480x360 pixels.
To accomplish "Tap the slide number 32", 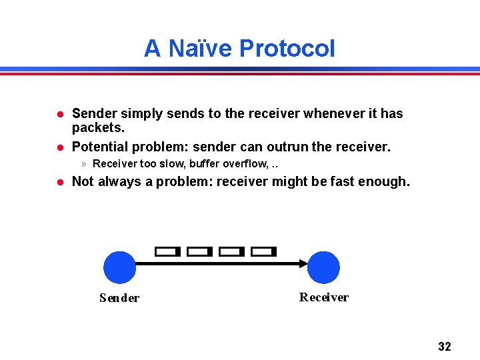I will click(444, 346).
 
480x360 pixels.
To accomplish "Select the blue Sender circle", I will click(120, 267).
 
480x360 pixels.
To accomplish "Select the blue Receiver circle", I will click(323, 267).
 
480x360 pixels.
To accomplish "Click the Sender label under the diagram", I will click(119, 298).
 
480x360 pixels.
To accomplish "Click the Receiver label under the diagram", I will click(323, 297).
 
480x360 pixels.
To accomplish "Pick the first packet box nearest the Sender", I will click(167, 251).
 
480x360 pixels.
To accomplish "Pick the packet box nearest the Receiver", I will click(263, 251).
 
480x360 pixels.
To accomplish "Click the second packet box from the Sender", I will click(199, 251).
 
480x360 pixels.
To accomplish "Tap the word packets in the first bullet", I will click(97, 127).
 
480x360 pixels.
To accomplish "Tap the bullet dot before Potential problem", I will click(59, 147).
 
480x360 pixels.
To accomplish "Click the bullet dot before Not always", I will click(59, 181).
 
